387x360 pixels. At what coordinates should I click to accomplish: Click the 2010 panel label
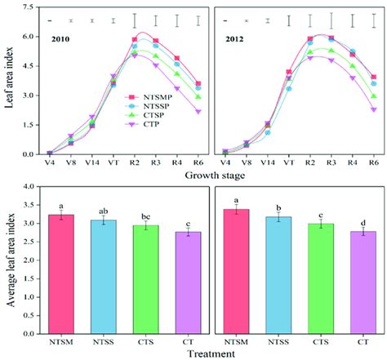point(64,38)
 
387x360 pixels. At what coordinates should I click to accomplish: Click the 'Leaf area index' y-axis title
point(8,80)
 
